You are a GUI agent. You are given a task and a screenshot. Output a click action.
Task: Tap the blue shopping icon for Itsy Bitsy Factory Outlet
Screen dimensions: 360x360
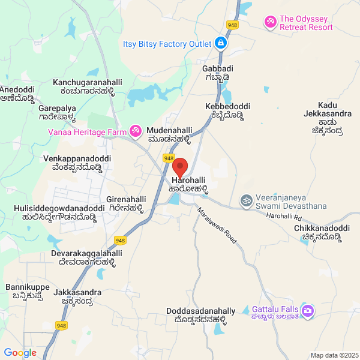221,43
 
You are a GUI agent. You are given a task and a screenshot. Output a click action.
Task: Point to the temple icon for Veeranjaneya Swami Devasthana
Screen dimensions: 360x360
245,200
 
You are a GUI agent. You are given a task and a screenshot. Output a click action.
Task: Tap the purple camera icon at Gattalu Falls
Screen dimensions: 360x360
308,310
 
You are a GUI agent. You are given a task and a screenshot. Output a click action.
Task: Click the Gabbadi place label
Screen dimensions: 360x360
215,73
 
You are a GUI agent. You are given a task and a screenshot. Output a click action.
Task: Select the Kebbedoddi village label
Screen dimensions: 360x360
227,111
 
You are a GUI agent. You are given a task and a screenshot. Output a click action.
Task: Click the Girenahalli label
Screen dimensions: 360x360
125,204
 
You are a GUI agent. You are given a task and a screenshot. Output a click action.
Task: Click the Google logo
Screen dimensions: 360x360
20,353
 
